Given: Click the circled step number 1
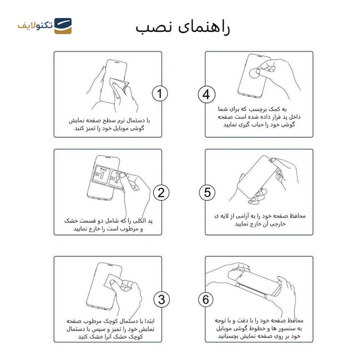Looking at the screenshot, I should pos(159,94).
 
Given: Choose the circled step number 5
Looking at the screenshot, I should pos(207,193).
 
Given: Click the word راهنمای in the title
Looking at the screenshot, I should pos(203,27).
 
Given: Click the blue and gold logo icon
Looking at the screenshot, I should pos(63,26).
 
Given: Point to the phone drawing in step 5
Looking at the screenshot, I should pos(256,175).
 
